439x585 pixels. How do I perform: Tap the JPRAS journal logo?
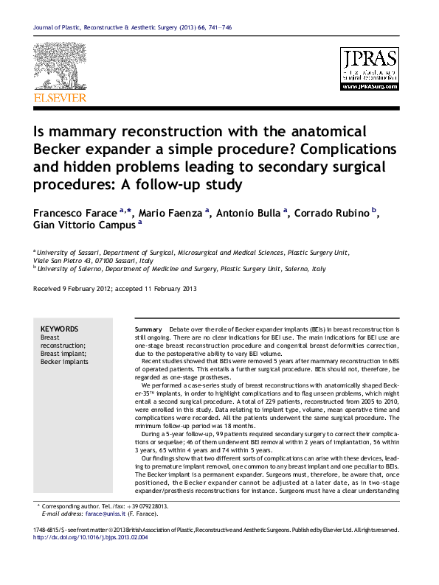tap(370, 69)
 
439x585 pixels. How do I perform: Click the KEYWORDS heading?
tap(59, 329)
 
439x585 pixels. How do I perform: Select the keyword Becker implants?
tap(64, 362)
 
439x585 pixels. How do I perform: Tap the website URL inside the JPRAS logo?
tap(370, 85)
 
